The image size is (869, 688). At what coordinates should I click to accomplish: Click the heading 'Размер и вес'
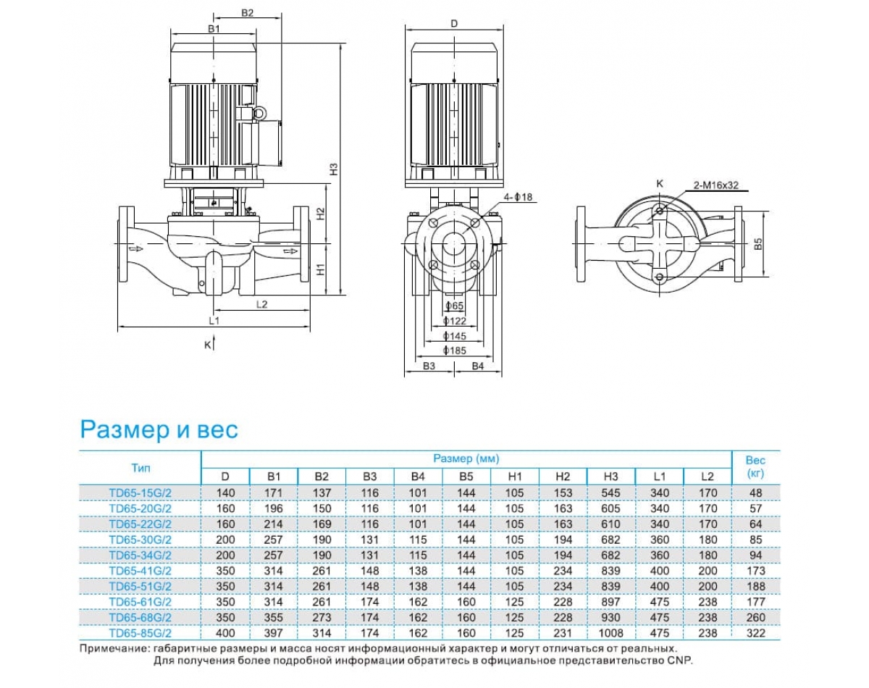pyautogui.click(x=159, y=429)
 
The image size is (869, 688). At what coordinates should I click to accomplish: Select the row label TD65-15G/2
pyautogui.click(x=140, y=492)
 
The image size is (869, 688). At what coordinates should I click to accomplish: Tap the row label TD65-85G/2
pyautogui.click(x=140, y=633)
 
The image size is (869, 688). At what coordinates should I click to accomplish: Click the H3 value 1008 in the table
pyautogui.click(x=610, y=633)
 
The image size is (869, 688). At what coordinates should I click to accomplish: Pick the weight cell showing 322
pyautogui.click(x=755, y=633)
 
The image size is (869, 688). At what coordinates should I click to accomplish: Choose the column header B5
pyautogui.click(x=466, y=477)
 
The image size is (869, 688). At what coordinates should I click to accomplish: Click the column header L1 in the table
pyautogui.click(x=659, y=477)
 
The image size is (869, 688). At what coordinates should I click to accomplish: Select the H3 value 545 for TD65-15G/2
pyautogui.click(x=610, y=492)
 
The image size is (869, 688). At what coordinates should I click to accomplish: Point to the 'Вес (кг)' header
pyautogui.click(x=755, y=467)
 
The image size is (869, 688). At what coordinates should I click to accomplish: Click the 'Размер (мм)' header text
pyautogui.click(x=466, y=458)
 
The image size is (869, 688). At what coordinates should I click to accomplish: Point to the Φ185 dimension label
pyautogui.click(x=454, y=351)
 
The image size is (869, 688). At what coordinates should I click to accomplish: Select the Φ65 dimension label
pyautogui.click(x=454, y=306)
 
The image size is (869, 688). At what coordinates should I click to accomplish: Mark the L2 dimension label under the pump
pyautogui.click(x=262, y=304)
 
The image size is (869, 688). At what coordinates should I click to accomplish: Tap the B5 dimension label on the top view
pyautogui.click(x=757, y=244)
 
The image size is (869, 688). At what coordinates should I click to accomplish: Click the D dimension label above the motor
pyautogui.click(x=454, y=24)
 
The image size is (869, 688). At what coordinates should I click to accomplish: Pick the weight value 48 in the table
pyautogui.click(x=755, y=492)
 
